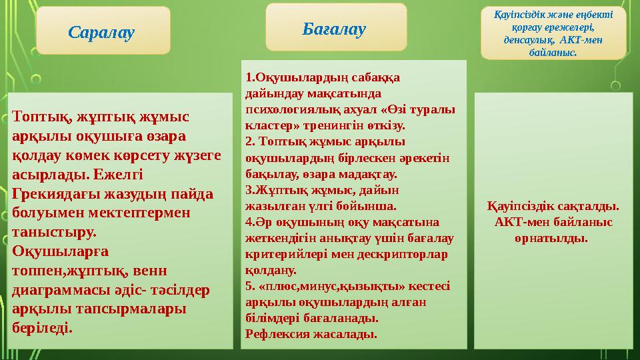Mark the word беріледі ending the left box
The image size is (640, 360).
(43, 328)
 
